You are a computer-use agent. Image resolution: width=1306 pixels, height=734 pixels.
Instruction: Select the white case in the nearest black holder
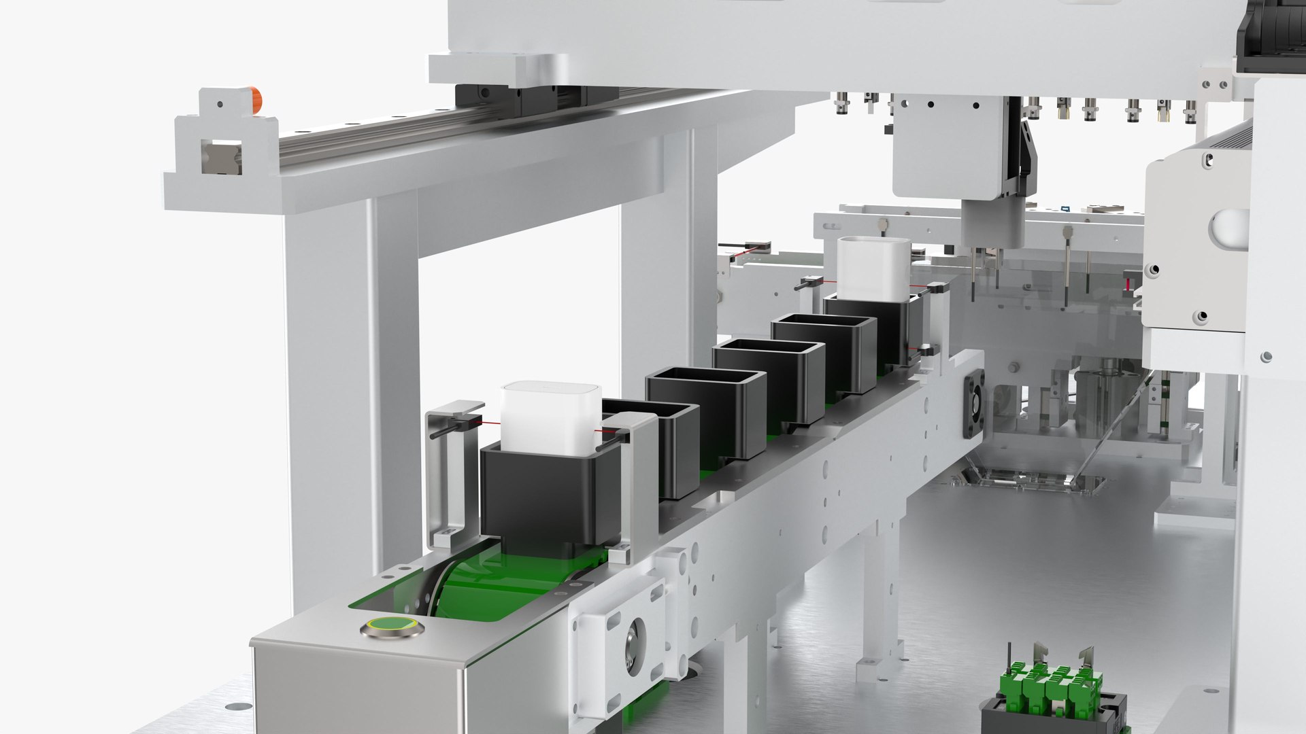click(x=550, y=417)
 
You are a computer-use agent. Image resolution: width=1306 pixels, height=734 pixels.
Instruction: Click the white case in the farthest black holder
click(x=873, y=268)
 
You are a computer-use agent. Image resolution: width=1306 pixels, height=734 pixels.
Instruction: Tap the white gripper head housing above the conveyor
click(x=956, y=146)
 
